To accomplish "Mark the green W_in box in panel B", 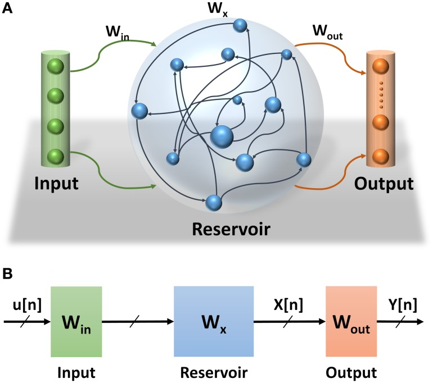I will pos(76,322).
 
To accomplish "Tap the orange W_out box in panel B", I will pos(351,322).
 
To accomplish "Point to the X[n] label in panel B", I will pos(288,306).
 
